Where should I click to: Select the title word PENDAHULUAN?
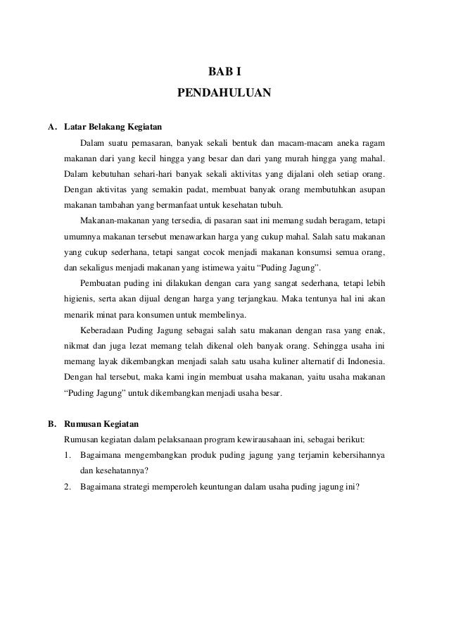pyautogui.click(x=223, y=92)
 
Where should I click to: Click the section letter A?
pyautogui.click(x=51, y=128)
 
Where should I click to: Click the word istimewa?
pyautogui.click(x=243, y=268)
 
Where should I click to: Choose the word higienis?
pyautogui.click(x=82, y=299)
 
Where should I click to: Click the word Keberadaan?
pyautogui.click(x=106, y=330)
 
